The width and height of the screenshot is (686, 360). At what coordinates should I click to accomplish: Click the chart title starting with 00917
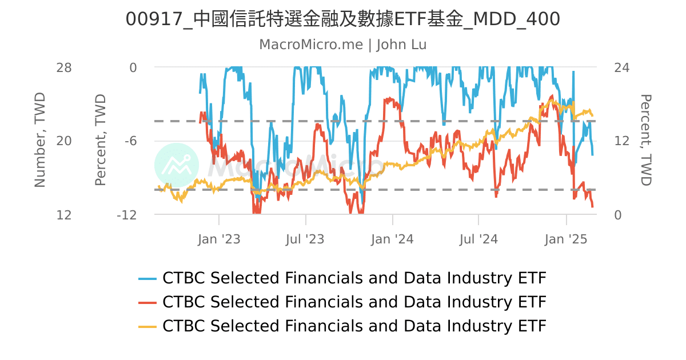[343, 19]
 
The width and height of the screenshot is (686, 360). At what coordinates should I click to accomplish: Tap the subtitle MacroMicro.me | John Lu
[343, 45]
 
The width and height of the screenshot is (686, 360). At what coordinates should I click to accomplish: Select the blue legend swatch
[147, 279]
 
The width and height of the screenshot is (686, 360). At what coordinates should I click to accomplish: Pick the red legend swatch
[147, 302]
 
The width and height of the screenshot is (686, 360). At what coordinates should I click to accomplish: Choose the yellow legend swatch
[147, 326]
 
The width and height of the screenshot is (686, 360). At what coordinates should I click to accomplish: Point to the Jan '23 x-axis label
[219, 239]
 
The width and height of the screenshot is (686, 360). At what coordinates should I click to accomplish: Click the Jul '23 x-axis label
[305, 239]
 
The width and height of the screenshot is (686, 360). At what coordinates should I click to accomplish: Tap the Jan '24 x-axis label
[392, 239]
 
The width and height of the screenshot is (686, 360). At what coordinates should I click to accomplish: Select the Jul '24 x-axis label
[478, 239]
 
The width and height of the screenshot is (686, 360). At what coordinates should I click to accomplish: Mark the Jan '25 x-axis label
[566, 239]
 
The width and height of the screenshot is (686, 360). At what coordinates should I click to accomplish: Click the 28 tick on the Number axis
[64, 68]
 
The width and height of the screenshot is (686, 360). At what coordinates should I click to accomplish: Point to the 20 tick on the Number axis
[64, 141]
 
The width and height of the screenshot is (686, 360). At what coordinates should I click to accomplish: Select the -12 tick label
[126, 215]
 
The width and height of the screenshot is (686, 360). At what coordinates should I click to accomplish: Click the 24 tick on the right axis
[621, 68]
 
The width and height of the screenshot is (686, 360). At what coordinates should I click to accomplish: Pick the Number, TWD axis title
[39, 140]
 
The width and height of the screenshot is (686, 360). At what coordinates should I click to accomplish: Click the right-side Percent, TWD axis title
[646, 140]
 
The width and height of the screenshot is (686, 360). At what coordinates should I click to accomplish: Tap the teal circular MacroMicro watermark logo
[177, 165]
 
